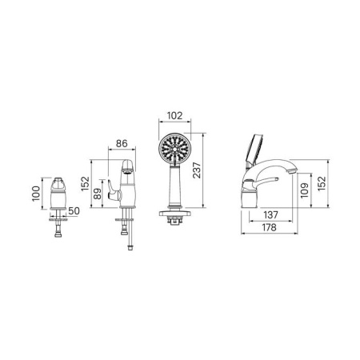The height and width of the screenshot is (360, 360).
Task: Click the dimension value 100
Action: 36,194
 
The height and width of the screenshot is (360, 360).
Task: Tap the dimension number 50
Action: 74,211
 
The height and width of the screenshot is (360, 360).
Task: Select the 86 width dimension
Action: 122,143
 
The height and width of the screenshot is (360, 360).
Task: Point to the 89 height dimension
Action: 98,194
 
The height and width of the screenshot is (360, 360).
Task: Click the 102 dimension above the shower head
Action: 174,115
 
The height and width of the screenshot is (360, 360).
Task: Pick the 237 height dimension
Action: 197,170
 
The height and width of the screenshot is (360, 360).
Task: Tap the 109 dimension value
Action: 304,190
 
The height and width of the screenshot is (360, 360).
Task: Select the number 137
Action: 270,214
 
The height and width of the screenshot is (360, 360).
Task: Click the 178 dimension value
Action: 269,227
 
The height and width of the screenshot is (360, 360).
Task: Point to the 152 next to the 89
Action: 85,183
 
